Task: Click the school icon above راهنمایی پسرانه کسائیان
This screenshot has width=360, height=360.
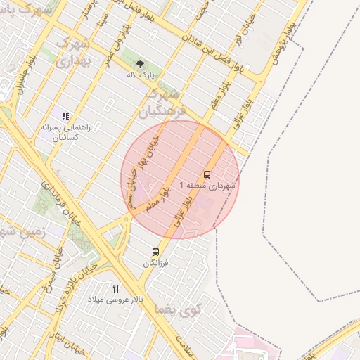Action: [65, 116]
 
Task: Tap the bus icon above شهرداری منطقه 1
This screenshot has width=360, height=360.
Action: [207, 174]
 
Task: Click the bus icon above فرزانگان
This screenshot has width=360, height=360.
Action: [155, 252]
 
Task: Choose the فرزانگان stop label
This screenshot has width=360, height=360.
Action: [156, 263]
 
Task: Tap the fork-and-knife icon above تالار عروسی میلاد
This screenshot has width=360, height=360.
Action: [116, 288]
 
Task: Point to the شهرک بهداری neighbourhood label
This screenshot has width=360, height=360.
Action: [72, 53]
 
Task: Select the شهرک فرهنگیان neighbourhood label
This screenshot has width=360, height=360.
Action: [163, 103]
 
